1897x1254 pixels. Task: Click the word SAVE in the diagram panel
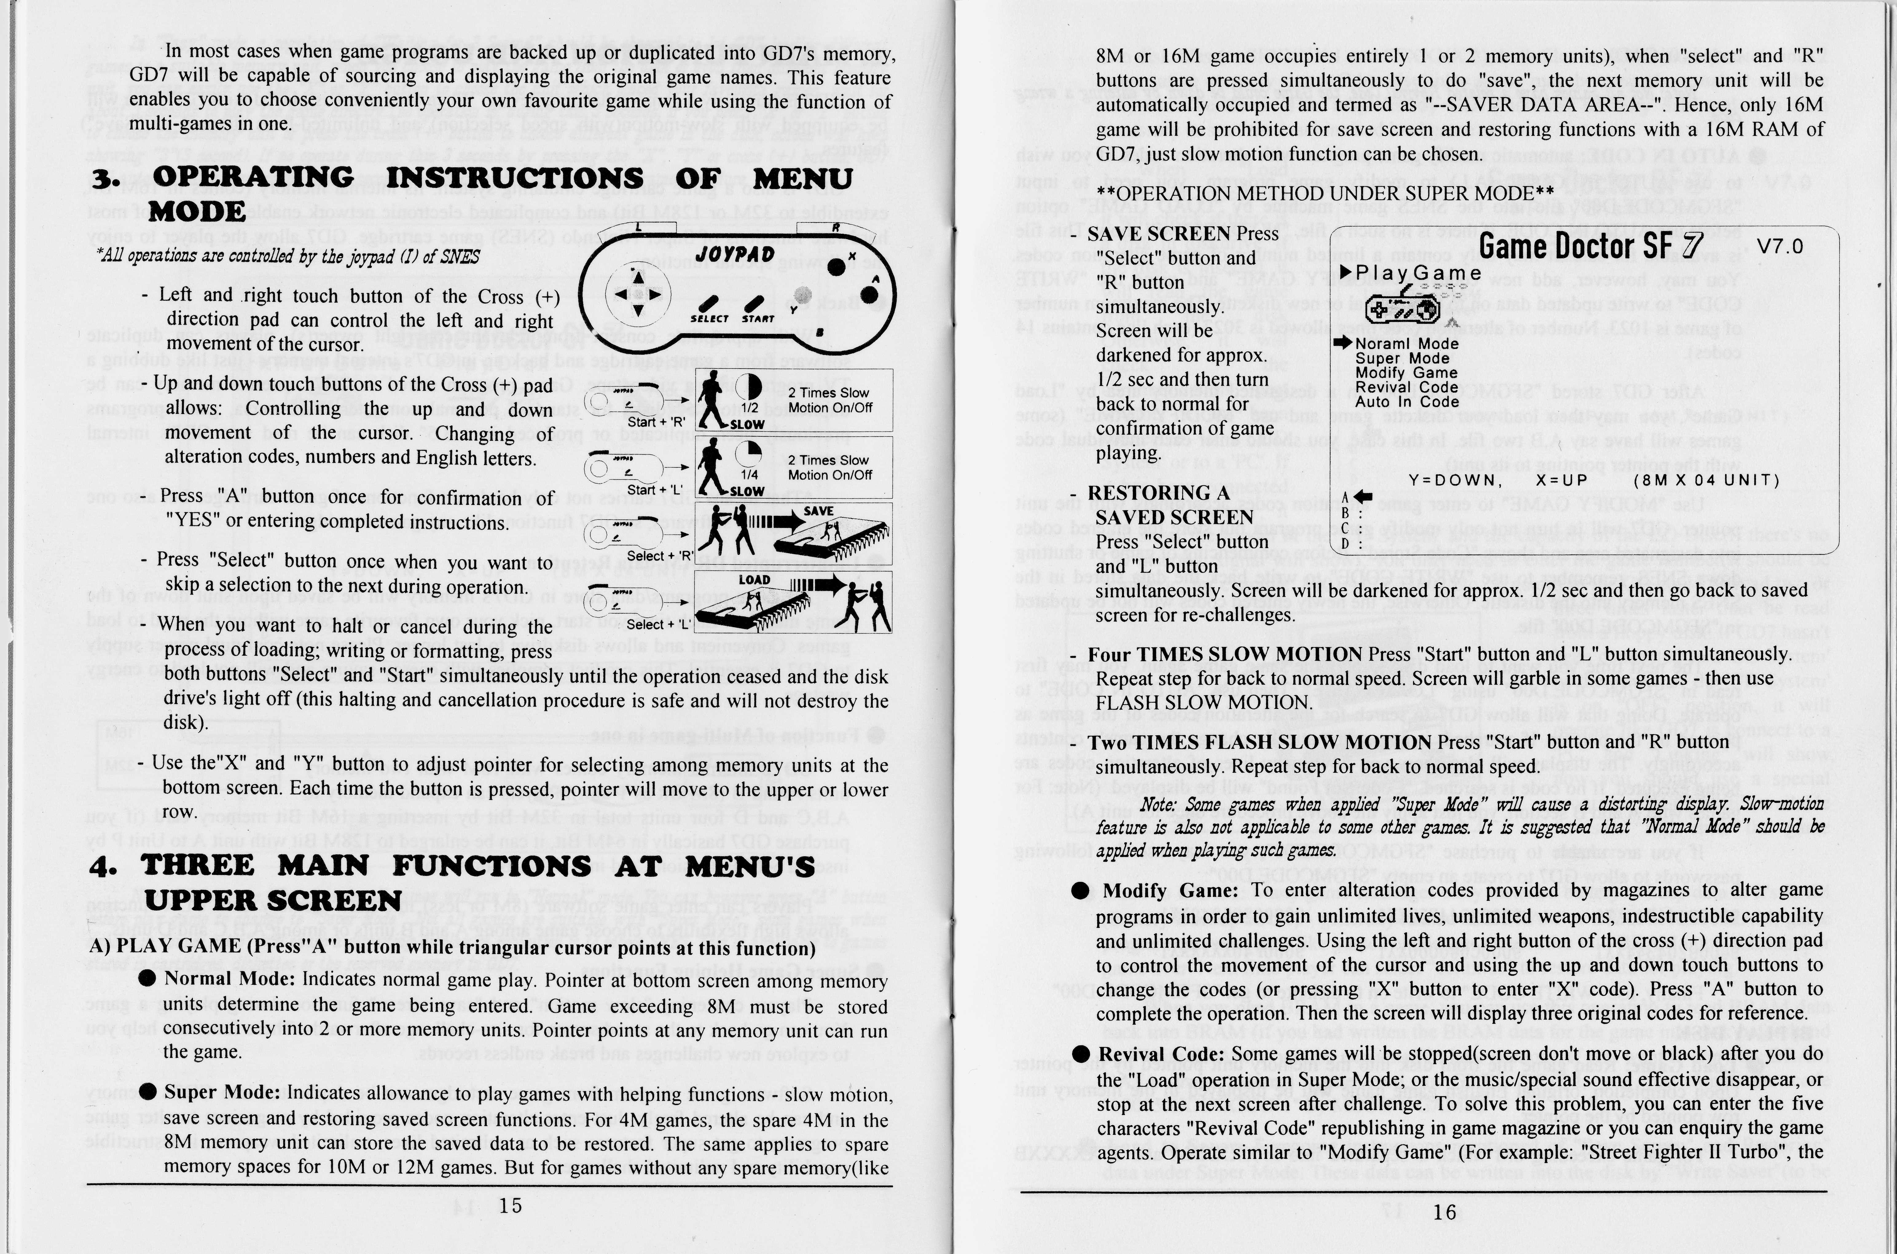coord(818,511)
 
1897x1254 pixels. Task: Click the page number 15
coord(509,1205)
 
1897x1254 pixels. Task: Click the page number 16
coord(1444,1212)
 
